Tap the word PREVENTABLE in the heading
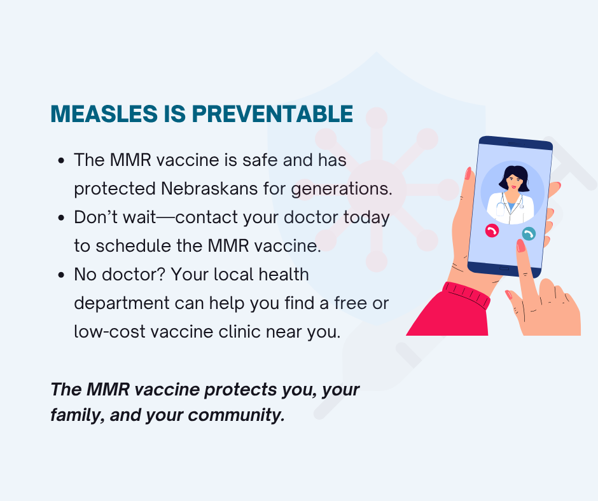click(x=272, y=114)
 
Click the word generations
click(x=342, y=189)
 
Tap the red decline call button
click(x=492, y=231)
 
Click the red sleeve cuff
click(x=466, y=294)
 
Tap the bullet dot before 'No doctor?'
click(x=62, y=275)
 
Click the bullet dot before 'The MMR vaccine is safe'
click(x=62, y=161)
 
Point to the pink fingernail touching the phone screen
click(x=520, y=245)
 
